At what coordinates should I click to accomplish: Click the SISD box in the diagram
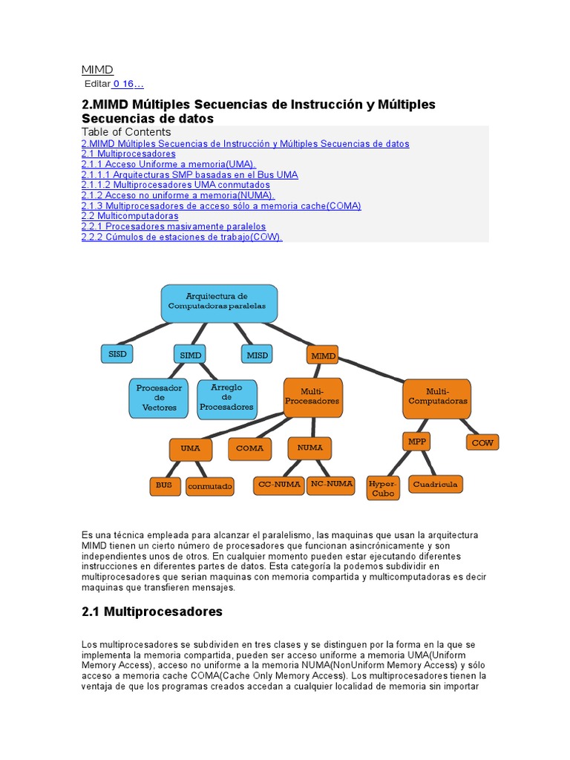117,354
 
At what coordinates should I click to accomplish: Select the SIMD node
191,355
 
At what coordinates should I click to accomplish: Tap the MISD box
257,355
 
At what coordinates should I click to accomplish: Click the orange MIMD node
324,356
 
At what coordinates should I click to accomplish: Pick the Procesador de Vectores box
160,398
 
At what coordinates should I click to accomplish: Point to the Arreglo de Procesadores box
226,397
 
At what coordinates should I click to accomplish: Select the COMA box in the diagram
250,448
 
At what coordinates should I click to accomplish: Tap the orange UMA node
190,448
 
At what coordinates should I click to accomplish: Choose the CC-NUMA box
279,485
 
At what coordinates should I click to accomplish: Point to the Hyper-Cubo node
383,488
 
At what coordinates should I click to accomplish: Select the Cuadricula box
436,484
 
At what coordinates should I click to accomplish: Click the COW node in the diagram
482,442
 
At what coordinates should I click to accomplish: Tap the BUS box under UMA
164,486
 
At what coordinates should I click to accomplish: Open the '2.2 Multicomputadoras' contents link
130,216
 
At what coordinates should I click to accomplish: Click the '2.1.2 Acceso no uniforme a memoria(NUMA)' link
178,195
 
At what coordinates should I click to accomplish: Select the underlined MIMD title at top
97,69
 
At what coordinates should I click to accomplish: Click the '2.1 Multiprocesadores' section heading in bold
151,612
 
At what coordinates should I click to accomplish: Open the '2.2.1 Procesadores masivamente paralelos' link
173,226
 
